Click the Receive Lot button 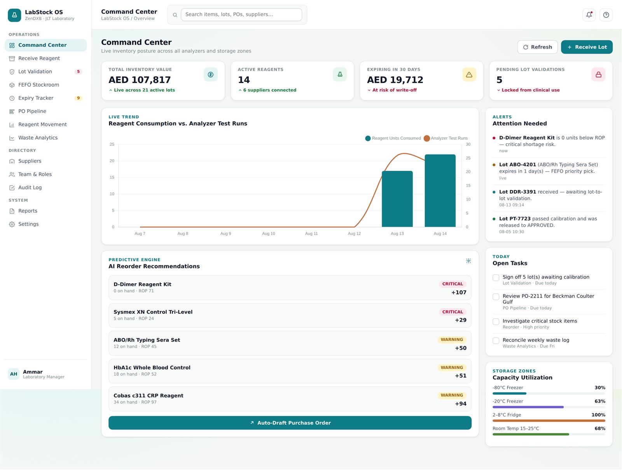click(x=587, y=47)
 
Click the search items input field click(x=241, y=14)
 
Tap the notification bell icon click(x=589, y=15)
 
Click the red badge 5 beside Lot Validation click(x=78, y=72)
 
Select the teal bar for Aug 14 click(x=440, y=191)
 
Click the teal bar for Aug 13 click(x=397, y=199)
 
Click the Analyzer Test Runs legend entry click(x=446, y=139)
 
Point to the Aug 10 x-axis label click(x=269, y=233)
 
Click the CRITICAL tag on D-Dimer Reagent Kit click(x=453, y=284)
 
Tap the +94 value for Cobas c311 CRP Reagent click(x=461, y=404)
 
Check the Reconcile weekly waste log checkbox click(x=496, y=341)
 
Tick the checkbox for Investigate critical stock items click(x=496, y=322)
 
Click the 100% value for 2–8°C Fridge click(x=598, y=415)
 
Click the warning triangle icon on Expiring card click(x=469, y=75)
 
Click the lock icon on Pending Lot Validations click(x=598, y=75)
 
